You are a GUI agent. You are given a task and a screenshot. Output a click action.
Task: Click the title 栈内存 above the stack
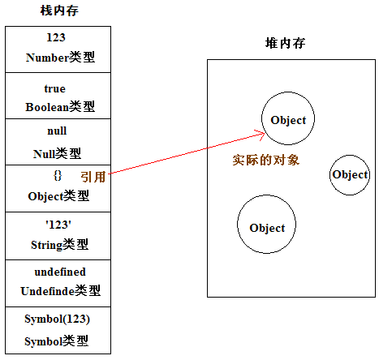point(59,11)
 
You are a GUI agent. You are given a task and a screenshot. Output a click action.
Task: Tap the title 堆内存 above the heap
point(285,43)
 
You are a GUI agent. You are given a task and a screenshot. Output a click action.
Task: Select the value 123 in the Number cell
point(56,37)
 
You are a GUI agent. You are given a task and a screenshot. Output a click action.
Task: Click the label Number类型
point(60,58)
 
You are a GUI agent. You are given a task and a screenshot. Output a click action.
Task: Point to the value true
point(55,88)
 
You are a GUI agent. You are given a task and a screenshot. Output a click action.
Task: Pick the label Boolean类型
point(60,106)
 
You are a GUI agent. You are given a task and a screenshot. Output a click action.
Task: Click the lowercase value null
point(57,131)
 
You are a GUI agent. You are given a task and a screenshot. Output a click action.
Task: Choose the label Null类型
point(57,153)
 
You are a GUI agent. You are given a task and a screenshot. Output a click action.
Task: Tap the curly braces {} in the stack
point(58,176)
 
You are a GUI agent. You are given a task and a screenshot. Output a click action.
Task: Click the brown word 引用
point(93,177)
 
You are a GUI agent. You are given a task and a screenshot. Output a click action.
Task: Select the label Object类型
point(58,196)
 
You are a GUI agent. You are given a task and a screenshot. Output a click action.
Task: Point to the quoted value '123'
point(58,225)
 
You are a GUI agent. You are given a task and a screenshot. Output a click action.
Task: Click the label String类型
point(59,245)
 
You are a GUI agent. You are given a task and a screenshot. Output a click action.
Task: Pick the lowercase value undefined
point(60,272)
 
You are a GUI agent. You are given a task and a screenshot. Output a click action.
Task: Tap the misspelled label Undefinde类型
point(61,291)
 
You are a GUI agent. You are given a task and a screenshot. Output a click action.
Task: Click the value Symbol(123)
point(57,319)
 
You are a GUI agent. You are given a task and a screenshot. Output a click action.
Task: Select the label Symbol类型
point(56,341)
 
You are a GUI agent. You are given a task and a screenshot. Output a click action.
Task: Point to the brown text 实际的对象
point(266,160)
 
